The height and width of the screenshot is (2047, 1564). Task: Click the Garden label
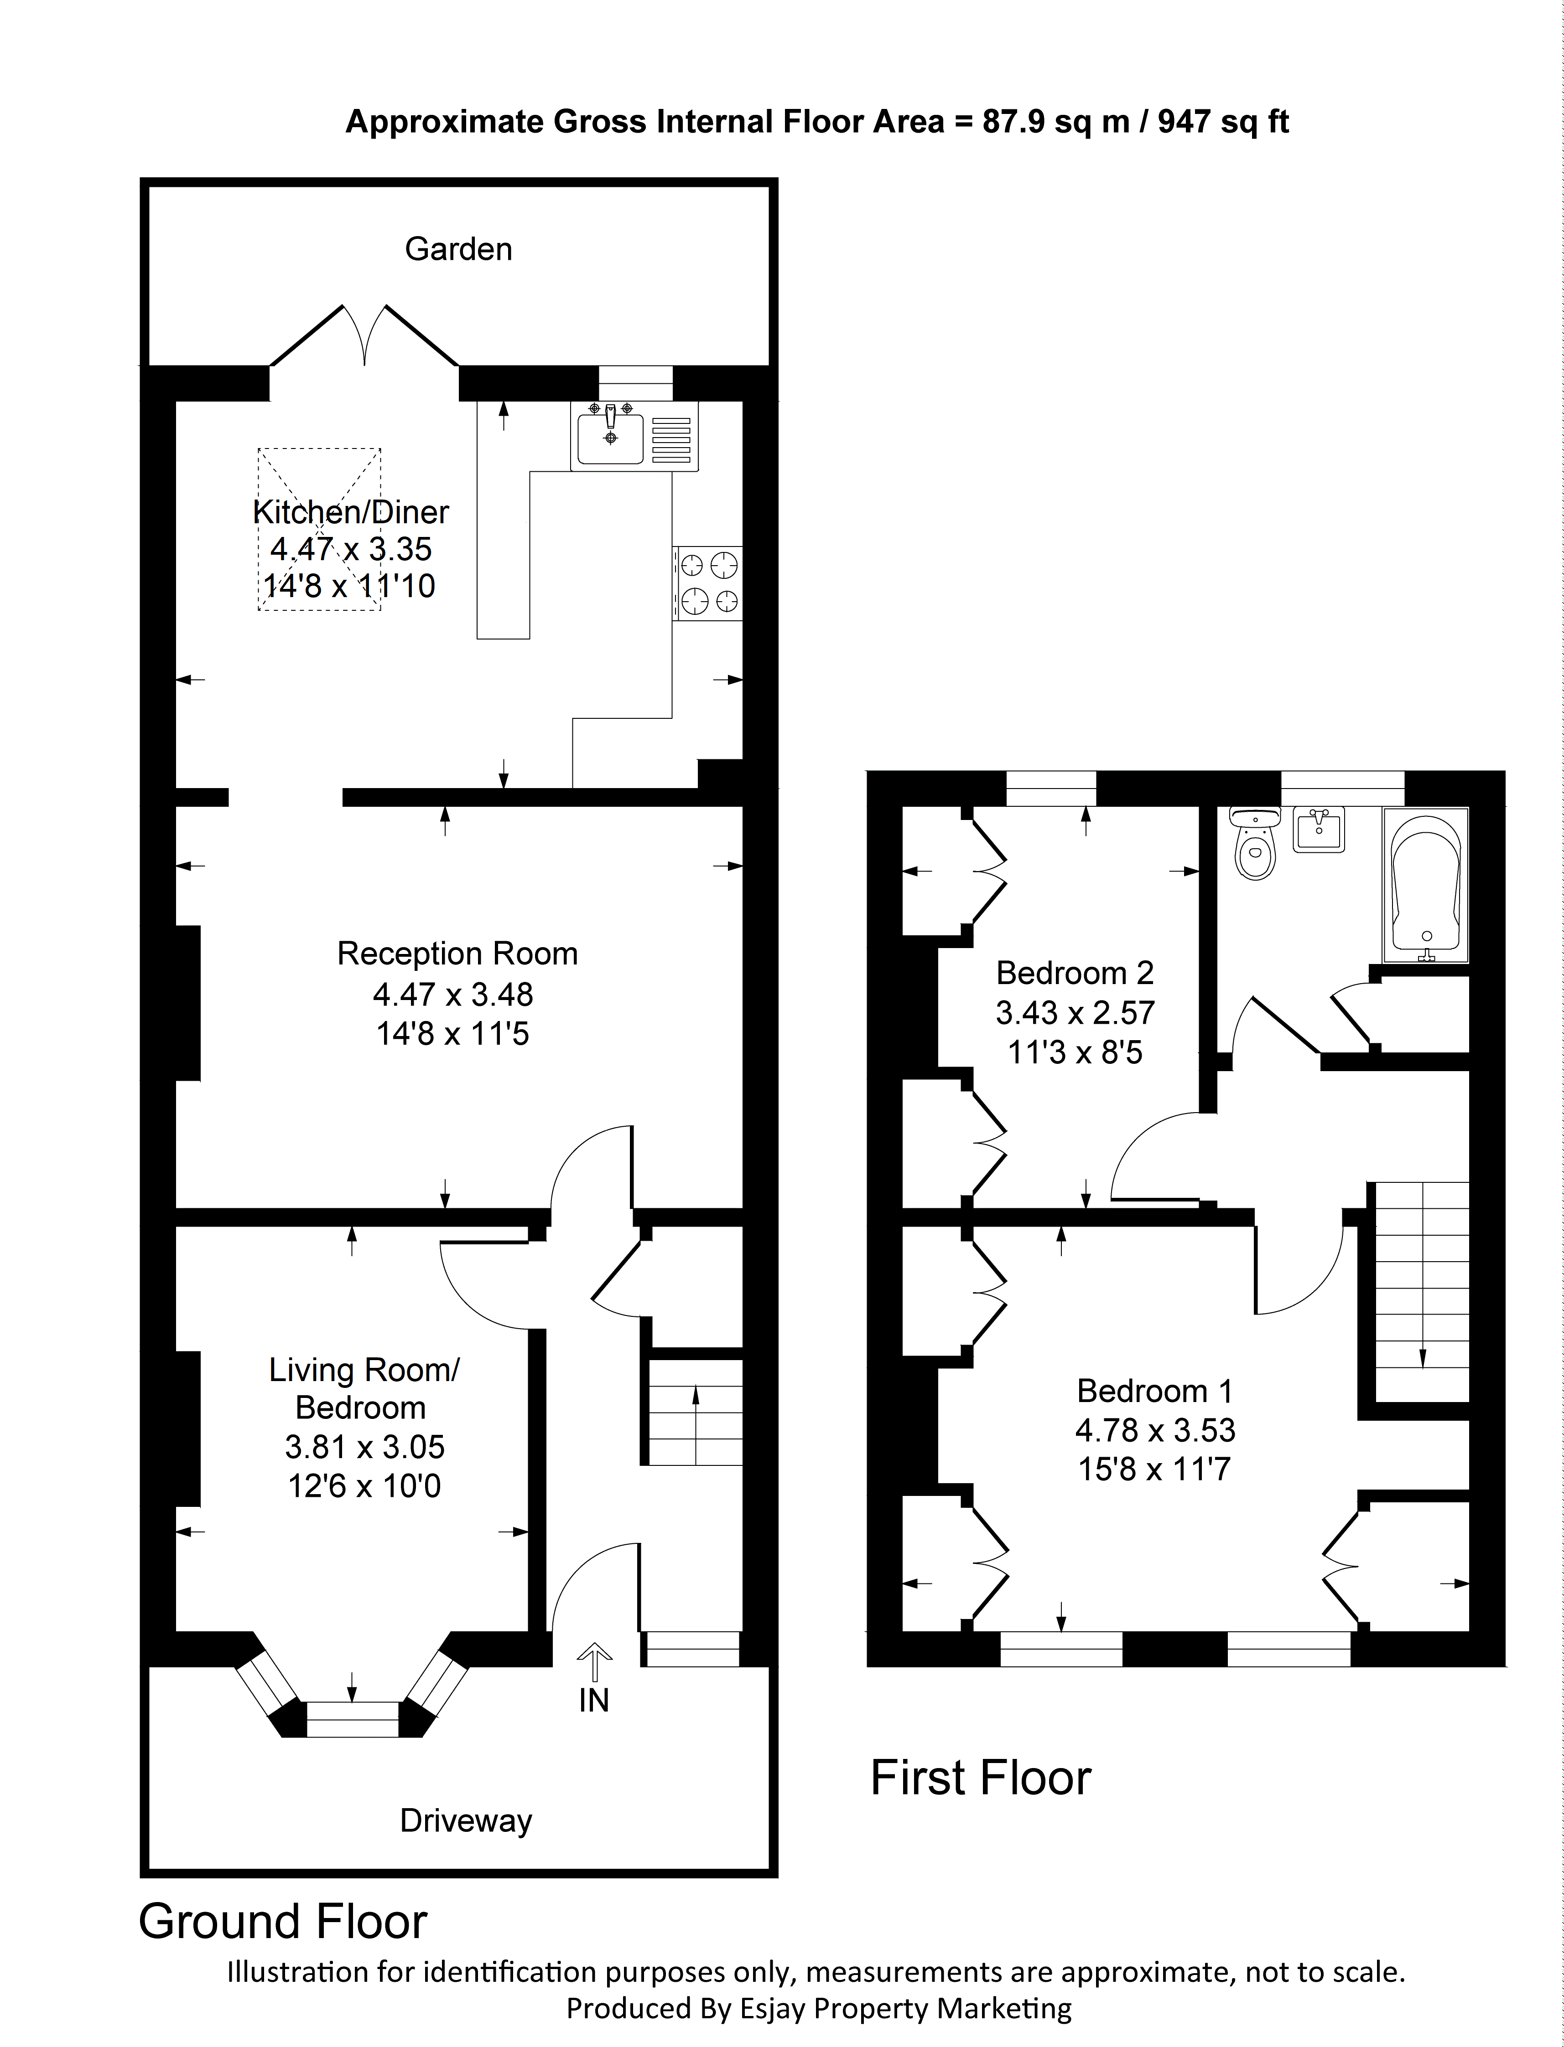point(458,249)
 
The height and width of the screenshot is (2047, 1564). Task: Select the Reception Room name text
point(457,954)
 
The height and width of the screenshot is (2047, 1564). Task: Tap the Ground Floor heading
point(283,1921)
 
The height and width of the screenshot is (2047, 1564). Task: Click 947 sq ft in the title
point(1223,122)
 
